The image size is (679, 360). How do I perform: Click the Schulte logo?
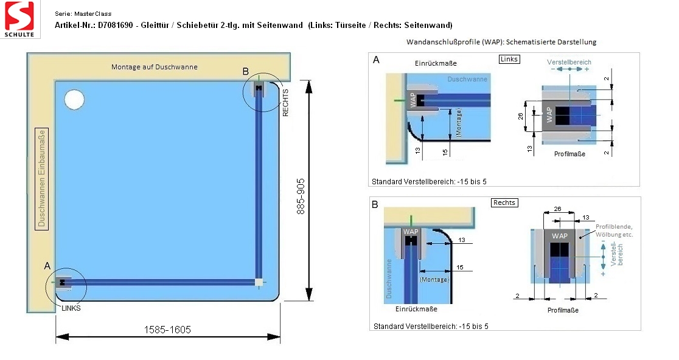pos(19,19)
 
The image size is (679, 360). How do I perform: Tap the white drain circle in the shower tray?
pos(74,100)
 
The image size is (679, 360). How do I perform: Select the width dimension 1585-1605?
pos(167,330)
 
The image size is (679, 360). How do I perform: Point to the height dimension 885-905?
pos(301,196)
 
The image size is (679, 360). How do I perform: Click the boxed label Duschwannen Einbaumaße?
pos(41,179)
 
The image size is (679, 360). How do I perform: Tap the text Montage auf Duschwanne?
pos(154,67)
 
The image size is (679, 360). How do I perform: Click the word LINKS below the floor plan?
pos(71,308)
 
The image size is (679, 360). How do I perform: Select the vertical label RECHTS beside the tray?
pos(285,103)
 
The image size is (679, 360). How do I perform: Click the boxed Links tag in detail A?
pos(509,59)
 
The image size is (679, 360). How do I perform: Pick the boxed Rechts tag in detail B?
pos(504,202)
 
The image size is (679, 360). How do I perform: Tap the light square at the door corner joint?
pos(259,283)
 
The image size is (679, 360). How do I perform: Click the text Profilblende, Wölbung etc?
pos(614,230)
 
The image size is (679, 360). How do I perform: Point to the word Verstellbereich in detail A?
pos(569,62)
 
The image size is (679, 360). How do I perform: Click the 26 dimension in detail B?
pos(557,209)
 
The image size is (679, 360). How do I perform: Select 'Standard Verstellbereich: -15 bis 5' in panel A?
pos(429,182)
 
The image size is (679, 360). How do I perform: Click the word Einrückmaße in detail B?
pos(416,309)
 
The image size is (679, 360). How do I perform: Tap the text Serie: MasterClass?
pos(83,14)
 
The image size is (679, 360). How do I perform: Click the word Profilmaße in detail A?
pos(569,154)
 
